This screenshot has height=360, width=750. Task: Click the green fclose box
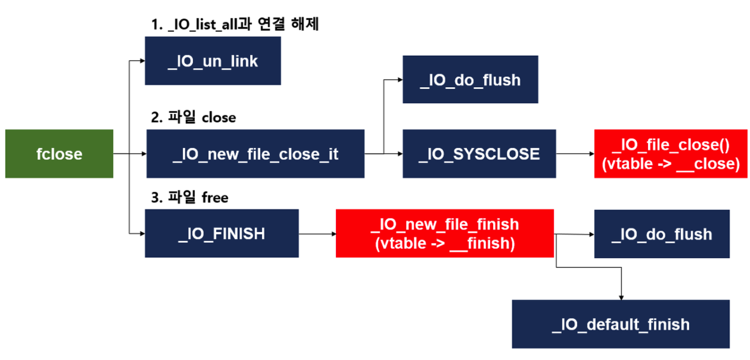(x=59, y=154)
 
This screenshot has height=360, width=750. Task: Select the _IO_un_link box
(x=213, y=61)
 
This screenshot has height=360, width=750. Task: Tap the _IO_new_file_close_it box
(x=255, y=154)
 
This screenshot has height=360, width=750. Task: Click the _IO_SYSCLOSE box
(x=479, y=154)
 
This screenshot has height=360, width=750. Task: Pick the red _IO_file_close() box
(x=670, y=154)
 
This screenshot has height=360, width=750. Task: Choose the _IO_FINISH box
(x=222, y=233)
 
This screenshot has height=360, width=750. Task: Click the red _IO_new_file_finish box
(x=445, y=233)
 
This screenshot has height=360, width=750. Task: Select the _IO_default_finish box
(x=620, y=324)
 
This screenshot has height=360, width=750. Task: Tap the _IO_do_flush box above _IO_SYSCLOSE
(x=470, y=80)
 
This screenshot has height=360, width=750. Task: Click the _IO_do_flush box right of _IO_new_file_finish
(x=661, y=234)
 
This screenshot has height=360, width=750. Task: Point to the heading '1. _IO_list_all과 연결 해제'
(x=235, y=24)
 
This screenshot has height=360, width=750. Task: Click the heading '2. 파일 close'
(x=193, y=117)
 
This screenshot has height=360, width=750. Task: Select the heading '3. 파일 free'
(x=190, y=197)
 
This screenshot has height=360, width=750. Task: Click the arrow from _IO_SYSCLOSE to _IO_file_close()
(x=575, y=154)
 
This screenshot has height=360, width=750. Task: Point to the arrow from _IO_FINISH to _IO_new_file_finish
(x=317, y=234)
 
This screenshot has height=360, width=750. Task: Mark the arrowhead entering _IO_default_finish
(x=621, y=298)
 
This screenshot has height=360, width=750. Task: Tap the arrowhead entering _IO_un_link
(x=142, y=61)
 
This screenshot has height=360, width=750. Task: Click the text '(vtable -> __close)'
(x=670, y=164)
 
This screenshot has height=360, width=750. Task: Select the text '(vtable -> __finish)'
(x=445, y=243)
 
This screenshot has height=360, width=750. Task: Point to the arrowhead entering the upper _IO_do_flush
(x=400, y=80)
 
